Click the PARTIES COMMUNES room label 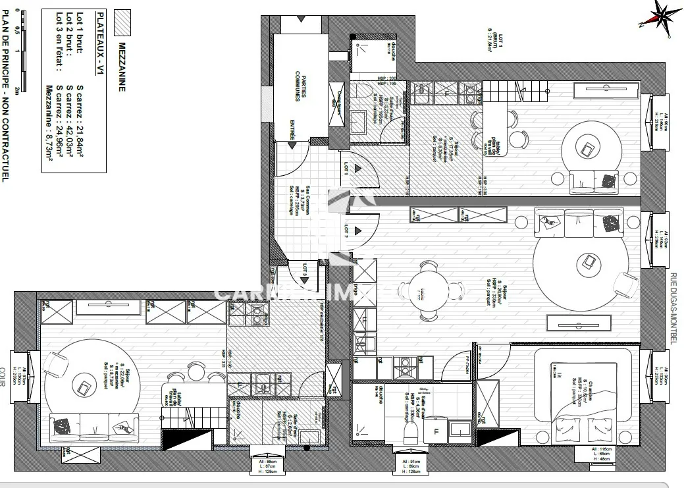[300, 86]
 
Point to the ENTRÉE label [292, 129]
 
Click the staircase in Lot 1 [513, 92]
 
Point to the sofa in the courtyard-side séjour [92, 428]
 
